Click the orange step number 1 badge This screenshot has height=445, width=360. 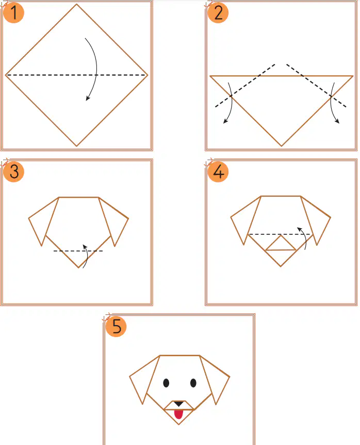click(x=13, y=13)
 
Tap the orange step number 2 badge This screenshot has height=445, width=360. click(x=218, y=13)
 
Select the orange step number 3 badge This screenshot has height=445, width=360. click(x=13, y=171)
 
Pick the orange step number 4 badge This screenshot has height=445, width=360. click(x=218, y=171)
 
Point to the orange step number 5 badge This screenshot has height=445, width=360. click(x=116, y=326)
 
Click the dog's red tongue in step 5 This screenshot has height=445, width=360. click(x=178, y=415)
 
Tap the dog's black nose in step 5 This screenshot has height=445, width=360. click(x=179, y=404)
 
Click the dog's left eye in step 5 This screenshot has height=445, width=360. click(x=166, y=383)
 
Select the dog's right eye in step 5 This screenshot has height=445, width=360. click(x=193, y=383)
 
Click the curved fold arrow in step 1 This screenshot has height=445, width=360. click(x=96, y=68)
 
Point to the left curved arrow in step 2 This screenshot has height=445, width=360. click(x=232, y=102)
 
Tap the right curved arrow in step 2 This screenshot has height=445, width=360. click(x=331, y=102)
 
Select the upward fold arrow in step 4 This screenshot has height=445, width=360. click(x=305, y=237)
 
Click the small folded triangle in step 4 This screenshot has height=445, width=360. click(x=281, y=245)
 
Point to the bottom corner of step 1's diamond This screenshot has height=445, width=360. click(x=76, y=146)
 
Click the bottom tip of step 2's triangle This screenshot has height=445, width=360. click(x=281, y=146)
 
